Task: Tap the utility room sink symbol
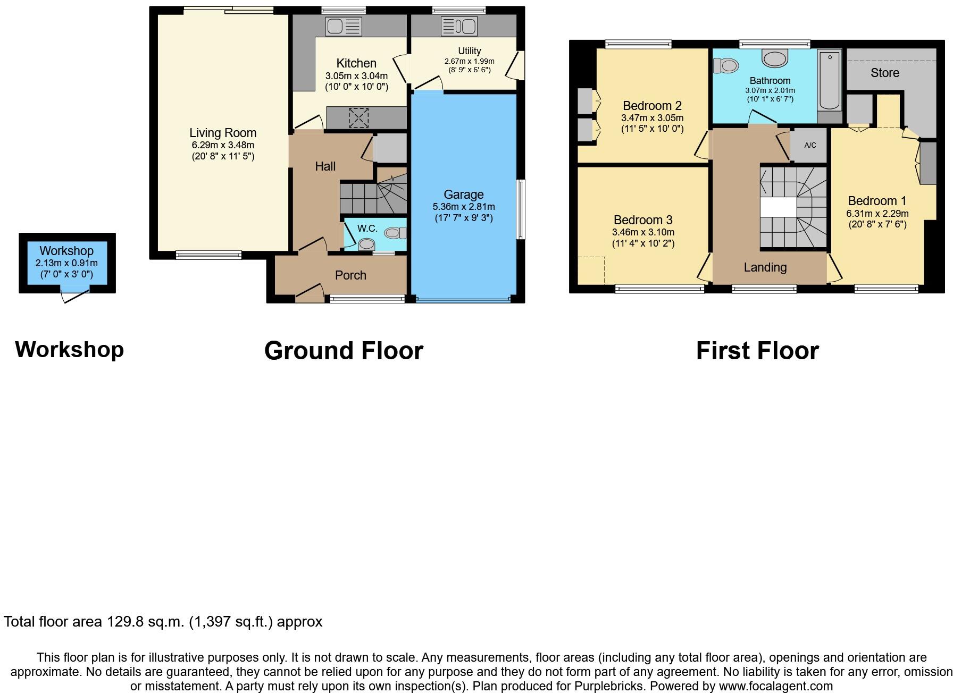coord(459,26)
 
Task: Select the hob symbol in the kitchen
coord(358,118)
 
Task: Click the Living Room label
coord(223,133)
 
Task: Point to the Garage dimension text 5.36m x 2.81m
coord(463,207)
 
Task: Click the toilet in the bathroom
coord(726,66)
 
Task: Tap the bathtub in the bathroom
coord(829,80)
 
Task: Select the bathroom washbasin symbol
coord(775,58)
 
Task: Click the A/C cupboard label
coord(810,145)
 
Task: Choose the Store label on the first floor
coord(885,73)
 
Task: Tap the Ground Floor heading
coord(344,351)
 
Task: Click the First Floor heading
coord(757,351)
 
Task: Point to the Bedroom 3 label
coord(643,220)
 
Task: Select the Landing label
coord(765,267)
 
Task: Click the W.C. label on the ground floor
coord(367,229)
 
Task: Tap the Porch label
coord(350,275)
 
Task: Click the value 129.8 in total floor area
coord(126,622)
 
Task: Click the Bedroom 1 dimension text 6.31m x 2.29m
coord(877,214)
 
